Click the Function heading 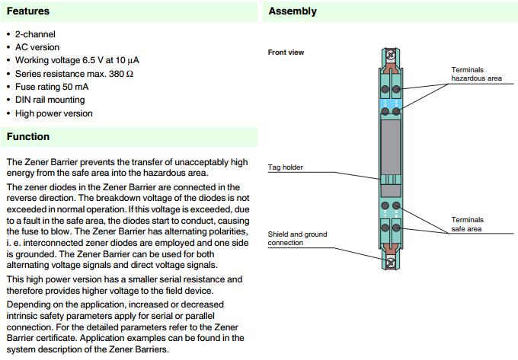click(27, 137)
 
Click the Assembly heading click(293, 11)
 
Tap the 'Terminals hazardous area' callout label click(477, 74)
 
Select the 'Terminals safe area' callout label click(467, 224)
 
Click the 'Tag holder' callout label click(285, 167)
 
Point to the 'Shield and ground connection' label click(297, 238)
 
